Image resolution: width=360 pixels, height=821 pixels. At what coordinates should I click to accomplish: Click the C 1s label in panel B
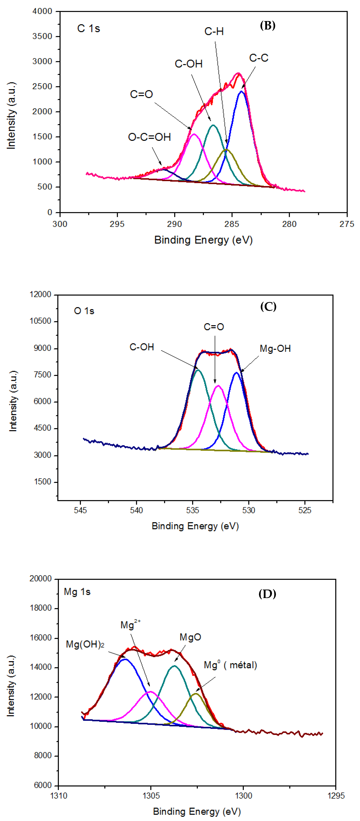[x=88, y=29]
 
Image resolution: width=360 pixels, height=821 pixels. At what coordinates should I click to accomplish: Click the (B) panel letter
[x=267, y=26]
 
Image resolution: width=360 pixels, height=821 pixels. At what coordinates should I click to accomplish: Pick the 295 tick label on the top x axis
[x=117, y=224]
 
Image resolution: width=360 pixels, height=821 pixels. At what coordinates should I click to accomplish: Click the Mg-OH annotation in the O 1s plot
[x=275, y=349]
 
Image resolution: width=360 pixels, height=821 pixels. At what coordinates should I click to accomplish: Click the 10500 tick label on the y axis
[x=40, y=321]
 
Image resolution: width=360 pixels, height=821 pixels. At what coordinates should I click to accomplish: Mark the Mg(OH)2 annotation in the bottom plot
[x=85, y=644]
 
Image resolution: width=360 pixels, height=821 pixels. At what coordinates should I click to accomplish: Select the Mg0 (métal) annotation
[x=230, y=665]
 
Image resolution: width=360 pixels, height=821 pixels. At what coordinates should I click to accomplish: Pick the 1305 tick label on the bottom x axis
[x=151, y=796]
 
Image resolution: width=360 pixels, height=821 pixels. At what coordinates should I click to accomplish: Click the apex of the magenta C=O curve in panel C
[x=218, y=386]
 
